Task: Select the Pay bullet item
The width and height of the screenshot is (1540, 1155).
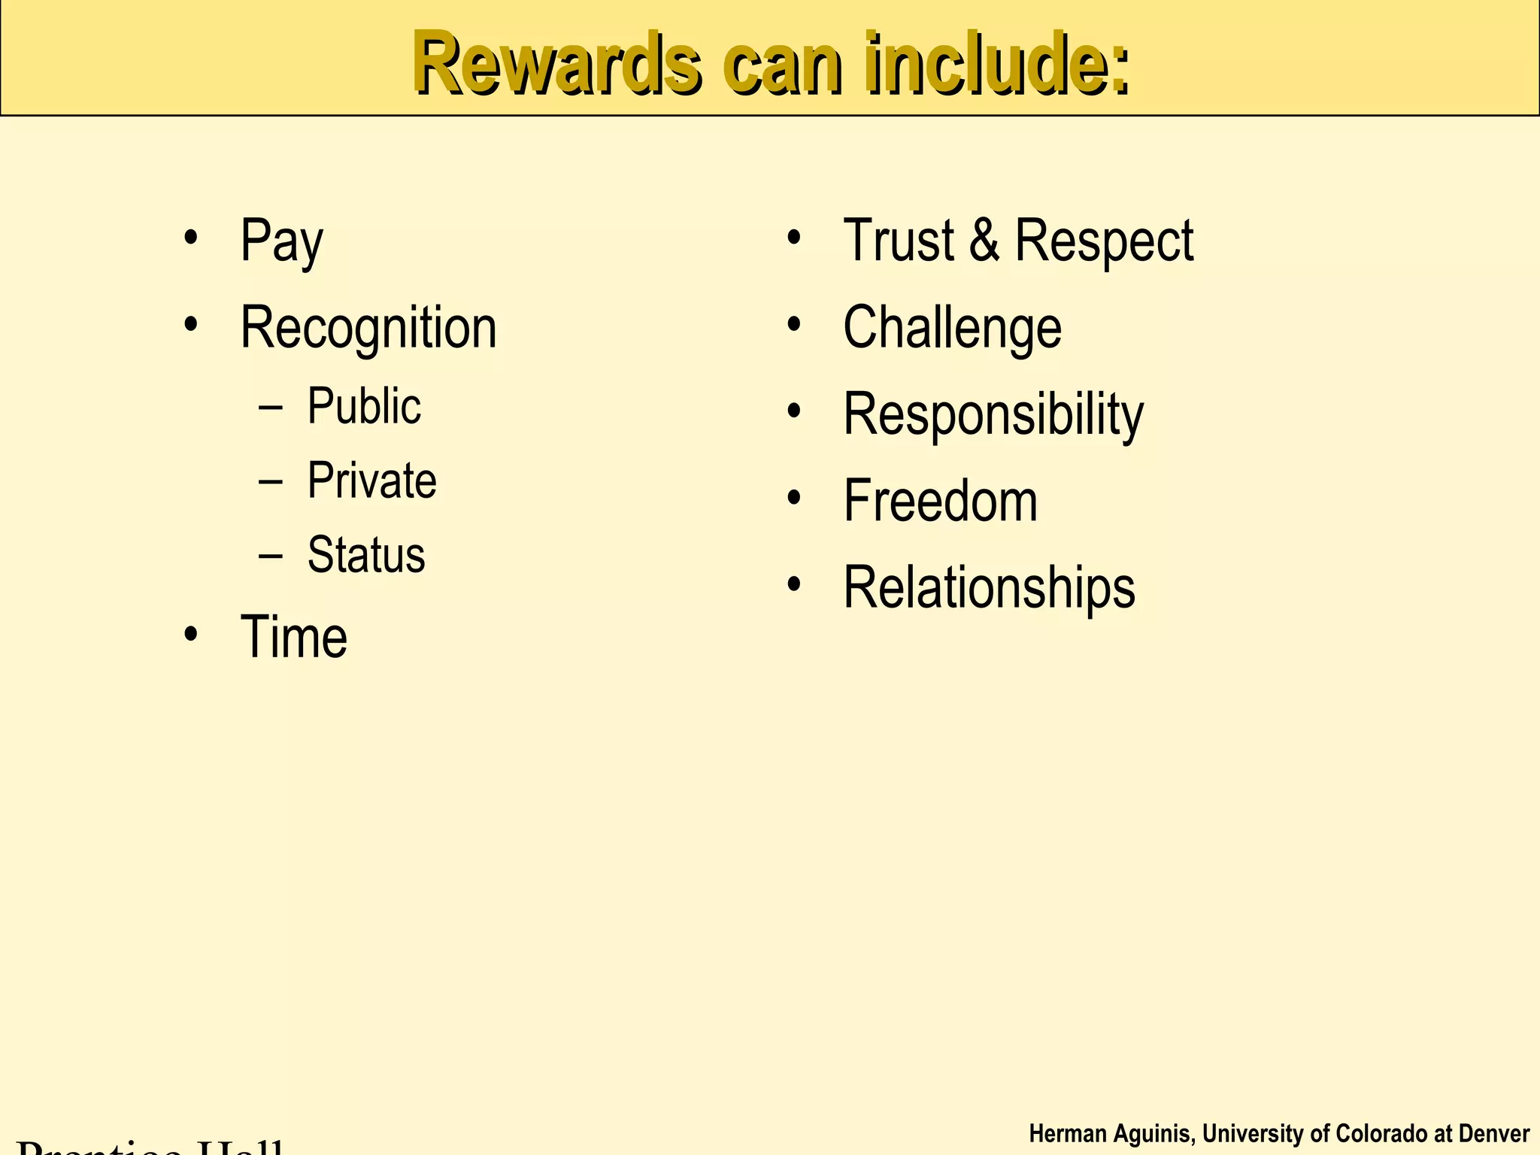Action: (x=281, y=241)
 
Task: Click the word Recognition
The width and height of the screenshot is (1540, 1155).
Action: (x=368, y=329)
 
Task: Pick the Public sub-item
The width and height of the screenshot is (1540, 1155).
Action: (x=364, y=407)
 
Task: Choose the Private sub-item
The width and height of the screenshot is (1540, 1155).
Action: (x=371, y=481)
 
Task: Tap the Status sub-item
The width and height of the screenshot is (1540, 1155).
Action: (x=366, y=556)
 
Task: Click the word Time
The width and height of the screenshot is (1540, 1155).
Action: (x=294, y=638)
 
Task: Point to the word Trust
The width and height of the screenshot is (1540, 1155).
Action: (x=899, y=241)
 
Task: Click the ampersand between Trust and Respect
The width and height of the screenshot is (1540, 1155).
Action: (x=984, y=241)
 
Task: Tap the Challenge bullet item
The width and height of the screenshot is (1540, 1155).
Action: (x=952, y=329)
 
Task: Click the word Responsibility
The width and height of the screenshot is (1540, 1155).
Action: (x=993, y=414)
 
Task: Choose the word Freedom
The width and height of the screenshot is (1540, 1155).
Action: (x=940, y=501)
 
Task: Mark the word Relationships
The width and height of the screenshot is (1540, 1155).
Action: (x=989, y=588)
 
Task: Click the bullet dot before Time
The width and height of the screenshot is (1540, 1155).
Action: (x=191, y=634)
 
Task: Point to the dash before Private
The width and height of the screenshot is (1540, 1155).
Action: (x=270, y=482)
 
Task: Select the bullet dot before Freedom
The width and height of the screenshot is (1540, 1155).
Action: (x=794, y=497)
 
